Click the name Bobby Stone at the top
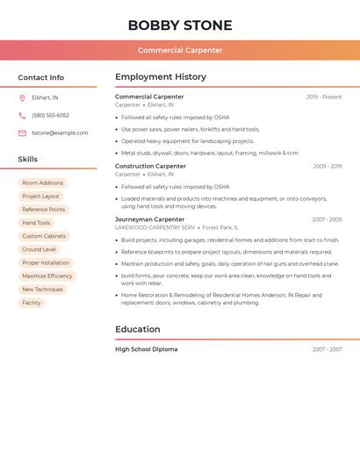[180, 25]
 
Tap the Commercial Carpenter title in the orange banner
[180, 50]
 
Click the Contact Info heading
[40, 77]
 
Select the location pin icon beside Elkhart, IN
[22, 98]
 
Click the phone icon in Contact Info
[22, 116]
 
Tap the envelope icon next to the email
[22, 133]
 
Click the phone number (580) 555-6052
[50, 116]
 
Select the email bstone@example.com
[60, 133]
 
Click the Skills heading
[27, 160]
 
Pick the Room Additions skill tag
[43, 183]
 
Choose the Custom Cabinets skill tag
[44, 236]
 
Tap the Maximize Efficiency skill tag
[47, 276]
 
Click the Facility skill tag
[32, 303]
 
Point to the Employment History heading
[161, 77]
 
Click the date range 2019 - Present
[324, 97]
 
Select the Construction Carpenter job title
[150, 166]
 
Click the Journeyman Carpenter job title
[149, 219]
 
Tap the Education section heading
[137, 330]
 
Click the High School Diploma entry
[146, 349]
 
